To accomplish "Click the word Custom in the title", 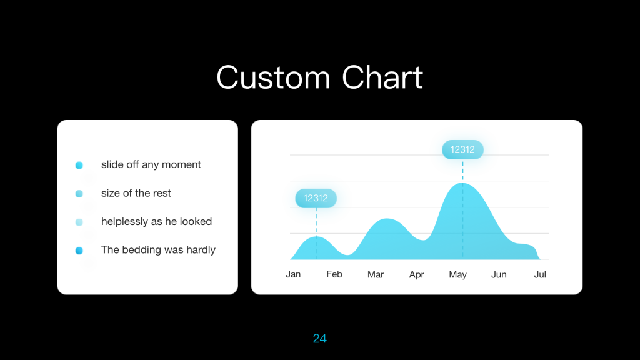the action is coord(273,77).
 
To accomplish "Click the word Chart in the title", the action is coord(382,77).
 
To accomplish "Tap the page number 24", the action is coord(319,338).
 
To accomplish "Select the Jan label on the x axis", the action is coord(293,274).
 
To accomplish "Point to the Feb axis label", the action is coord(334,274).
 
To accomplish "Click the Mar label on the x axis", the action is coord(376,274).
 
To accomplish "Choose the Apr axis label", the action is coord(417,275).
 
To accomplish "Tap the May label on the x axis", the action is coord(458,275).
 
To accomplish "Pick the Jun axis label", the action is coord(499,274).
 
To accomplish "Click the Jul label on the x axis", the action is coord(540,274).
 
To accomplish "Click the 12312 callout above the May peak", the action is coord(462,150).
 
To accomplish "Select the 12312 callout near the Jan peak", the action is coord(316,198).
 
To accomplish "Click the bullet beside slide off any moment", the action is coord(79,165).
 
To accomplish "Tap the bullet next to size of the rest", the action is coord(79,194).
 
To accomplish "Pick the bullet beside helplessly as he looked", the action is coord(79,222).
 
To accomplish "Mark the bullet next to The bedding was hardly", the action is coord(79,251).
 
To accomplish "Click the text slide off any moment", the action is coord(151,164).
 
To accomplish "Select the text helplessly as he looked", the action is coord(157,222).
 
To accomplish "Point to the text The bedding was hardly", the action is coord(158,250).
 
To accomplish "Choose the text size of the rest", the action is coord(136,193).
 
